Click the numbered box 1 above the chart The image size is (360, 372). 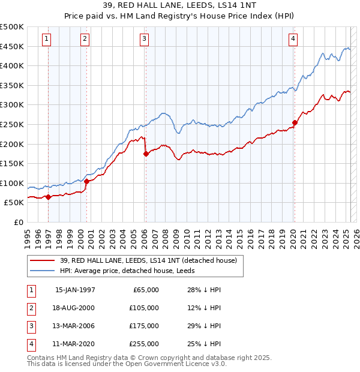(x=47, y=40)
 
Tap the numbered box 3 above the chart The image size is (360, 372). (x=145, y=40)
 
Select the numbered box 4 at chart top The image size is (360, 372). (x=293, y=40)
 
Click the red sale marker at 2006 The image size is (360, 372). (x=146, y=154)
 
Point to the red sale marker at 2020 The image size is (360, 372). (x=295, y=123)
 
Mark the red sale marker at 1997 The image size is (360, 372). (x=49, y=197)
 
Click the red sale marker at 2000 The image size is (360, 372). (x=86, y=181)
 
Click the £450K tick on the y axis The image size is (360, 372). (x=12, y=46)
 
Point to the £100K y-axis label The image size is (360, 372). (x=12, y=183)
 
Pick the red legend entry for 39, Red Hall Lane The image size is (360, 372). (x=149, y=260)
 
